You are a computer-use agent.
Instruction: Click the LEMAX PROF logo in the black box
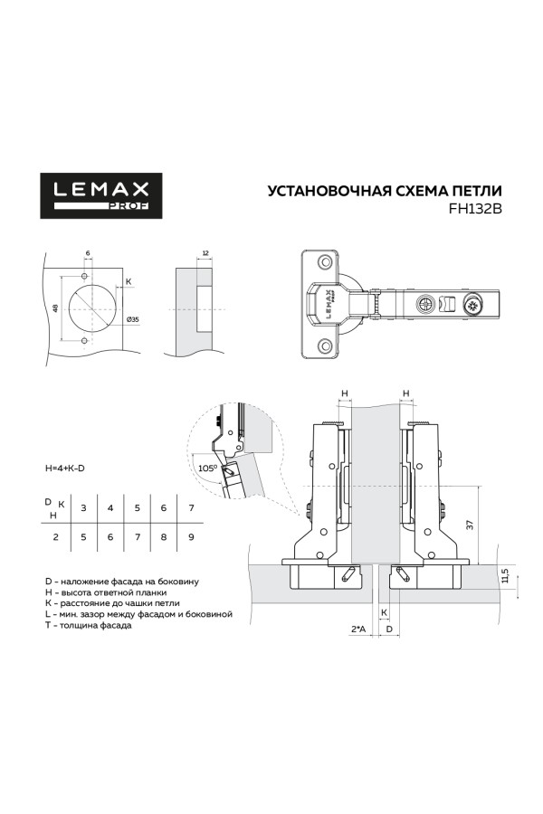[100, 195]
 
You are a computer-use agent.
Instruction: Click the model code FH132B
[475, 206]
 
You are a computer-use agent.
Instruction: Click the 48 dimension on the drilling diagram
[55, 308]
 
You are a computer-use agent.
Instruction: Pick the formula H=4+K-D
[71, 469]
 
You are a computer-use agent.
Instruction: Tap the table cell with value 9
[191, 537]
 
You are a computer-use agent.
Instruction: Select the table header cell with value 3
[83, 508]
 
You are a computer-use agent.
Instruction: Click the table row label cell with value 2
[55, 537]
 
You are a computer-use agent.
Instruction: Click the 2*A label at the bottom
[357, 628]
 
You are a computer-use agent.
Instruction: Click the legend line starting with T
[88, 625]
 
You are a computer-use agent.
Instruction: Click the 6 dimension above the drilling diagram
[88, 253]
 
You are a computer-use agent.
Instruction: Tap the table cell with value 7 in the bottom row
[137, 537]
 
